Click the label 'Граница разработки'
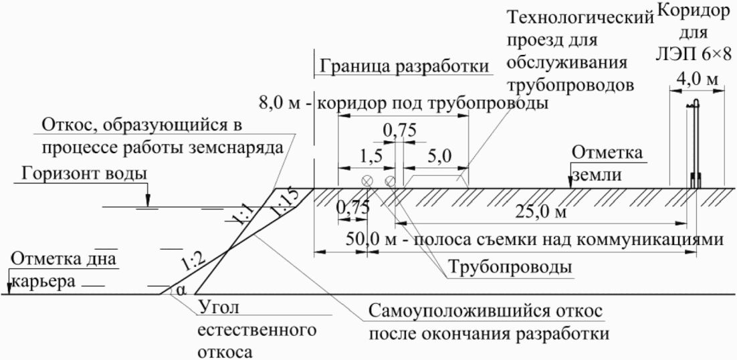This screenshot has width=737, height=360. pyautogui.click(x=403, y=68)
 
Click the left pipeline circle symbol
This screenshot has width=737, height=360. pyautogui.click(x=367, y=181)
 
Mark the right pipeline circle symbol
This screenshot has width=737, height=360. pyautogui.click(x=391, y=181)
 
